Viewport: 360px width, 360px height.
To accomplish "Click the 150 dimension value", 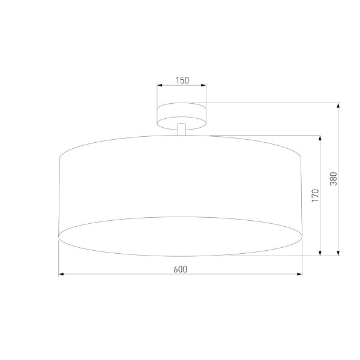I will pyautogui.click(x=182, y=79).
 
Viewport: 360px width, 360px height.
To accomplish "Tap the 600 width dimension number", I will pyautogui.click(x=181, y=269).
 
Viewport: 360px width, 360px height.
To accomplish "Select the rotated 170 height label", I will pyautogui.click(x=314, y=196).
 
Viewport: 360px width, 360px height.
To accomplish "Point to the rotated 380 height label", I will pyautogui.click(x=334, y=179).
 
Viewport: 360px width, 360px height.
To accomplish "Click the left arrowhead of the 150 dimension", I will pyautogui.click(x=160, y=86).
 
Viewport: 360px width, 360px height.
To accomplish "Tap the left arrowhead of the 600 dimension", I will pyautogui.click(x=62, y=275).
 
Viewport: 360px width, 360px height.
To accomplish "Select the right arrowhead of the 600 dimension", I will pyautogui.click(x=299, y=275).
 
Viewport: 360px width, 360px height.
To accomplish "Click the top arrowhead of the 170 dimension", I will pyautogui.click(x=320, y=138).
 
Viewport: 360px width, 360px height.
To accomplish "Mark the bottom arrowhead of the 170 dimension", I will pyautogui.click(x=320, y=253).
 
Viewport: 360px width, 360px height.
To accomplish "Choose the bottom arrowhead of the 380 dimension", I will pyautogui.click(x=339, y=253).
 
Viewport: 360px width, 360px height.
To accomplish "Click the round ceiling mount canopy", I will pyautogui.click(x=182, y=115).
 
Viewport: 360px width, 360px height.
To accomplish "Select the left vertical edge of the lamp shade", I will pyautogui.click(x=59, y=198).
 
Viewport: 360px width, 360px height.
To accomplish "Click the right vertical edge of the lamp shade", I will pyautogui.click(x=302, y=198).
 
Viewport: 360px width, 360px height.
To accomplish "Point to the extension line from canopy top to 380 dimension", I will pyautogui.click(x=270, y=103).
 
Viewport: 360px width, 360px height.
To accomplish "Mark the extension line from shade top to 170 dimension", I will pyautogui.click(x=264, y=134).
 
